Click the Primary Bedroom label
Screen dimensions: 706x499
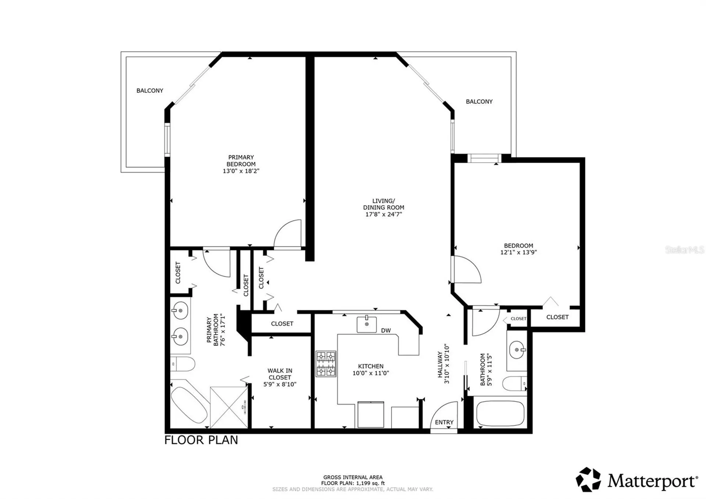click(x=241, y=160)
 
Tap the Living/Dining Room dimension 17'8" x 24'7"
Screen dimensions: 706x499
click(x=384, y=214)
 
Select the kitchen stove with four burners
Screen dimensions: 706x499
click(x=326, y=364)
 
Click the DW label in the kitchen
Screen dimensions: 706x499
click(x=386, y=330)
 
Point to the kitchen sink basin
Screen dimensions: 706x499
click(x=367, y=324)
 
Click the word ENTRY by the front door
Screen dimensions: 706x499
click(x=444, y=422)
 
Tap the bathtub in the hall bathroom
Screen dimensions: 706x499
click(x=500, y=413)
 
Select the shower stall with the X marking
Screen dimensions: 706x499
click(x=229, y=407)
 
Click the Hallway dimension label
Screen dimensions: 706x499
click(x=443, y=364)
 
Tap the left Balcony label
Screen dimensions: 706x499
click(x=150, y=91)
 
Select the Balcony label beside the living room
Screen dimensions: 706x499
click(x=479, y=102)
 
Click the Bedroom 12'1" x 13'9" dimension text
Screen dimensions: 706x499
click(x=518, y=252)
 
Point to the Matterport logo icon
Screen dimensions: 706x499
click(x=588, y=479)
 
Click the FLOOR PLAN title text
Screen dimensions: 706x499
click(x=201, y=440)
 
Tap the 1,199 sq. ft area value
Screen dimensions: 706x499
click(x=370, y=483)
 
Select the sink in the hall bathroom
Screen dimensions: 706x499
click(x=517, y=350)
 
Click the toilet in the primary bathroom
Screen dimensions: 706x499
click(x=182, y=364)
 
